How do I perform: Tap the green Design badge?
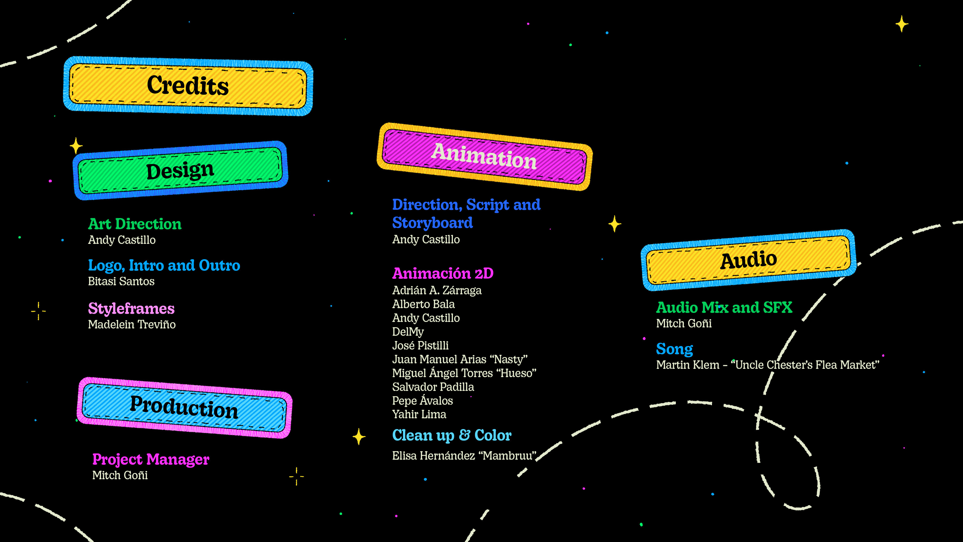180,171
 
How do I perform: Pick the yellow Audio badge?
748,260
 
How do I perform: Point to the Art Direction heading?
135,224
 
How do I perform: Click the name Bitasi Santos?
121,281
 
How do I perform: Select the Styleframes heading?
131,309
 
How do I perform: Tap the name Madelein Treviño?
132,324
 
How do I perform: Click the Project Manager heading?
151,459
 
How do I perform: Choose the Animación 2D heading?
443,274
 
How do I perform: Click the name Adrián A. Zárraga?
437,290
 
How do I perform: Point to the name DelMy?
408,332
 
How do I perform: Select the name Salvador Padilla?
433,387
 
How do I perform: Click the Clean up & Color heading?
452,435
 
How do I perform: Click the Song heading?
674,349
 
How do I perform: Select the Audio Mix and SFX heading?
724,307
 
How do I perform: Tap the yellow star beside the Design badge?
76,146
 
